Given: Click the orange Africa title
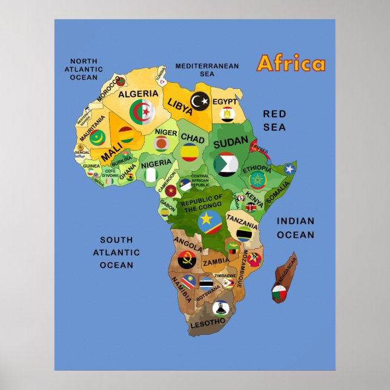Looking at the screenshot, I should pyautogui.click(x=291, y=64).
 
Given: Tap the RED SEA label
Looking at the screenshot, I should pyautogui.click(x=274, y=121).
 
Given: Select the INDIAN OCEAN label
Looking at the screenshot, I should pyautogui.click(x=296, y=228).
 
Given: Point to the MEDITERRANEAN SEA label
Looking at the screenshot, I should pyautogui.click(x=207, y=70).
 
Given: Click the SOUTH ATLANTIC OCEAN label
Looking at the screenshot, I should pyautogui.click(x=116, y=252).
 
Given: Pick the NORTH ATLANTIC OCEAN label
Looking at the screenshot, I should pyautogui.click(x=84, y=69).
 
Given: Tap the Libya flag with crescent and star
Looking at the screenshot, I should pyautogui.click(x=200, y=101).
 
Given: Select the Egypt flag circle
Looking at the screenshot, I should pyautogui.click(x=227, y=113).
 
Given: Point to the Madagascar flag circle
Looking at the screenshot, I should pyautogui.click(x=279, y=295).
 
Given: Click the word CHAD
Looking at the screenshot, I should pyautogui.click(x=193, y=138).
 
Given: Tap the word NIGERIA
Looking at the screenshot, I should pyautogui.click(x=156, y=164).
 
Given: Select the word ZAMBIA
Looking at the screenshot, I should pyautogui.click(x=216, y=262).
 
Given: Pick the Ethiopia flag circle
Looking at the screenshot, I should pyautogui.click(x=257, y=180).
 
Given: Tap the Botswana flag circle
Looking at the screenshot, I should pyautogui.click(x=207, y=283).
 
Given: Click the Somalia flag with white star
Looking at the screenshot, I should pyautogui.click(x=289, y=169).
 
